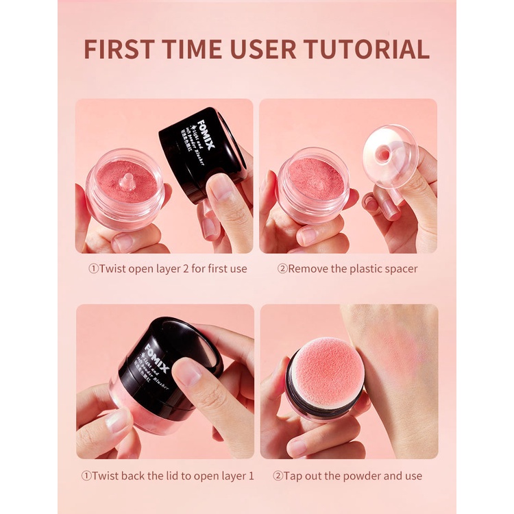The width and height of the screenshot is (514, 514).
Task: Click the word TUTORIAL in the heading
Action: pos(367,49)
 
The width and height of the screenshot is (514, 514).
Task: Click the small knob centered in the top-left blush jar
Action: pos(126,181)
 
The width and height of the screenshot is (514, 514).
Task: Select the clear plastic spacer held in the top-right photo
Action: pos(391,156)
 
